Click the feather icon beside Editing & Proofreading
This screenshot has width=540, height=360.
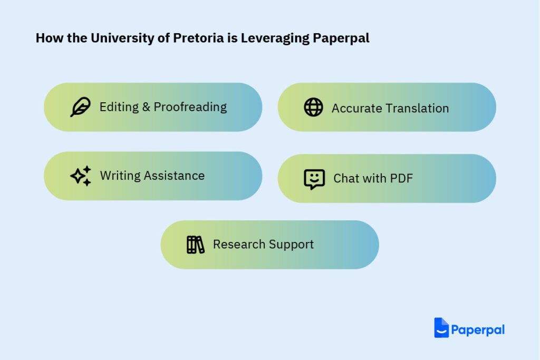pyautogui.click(x=80, y=107)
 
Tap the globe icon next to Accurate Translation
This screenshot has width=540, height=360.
pyautogui.click(x=313, y=107)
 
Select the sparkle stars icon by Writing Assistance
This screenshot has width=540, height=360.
pyautogui.click(x=81, y=176)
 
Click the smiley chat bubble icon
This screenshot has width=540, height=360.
pyautogui.click(x=314, y=179)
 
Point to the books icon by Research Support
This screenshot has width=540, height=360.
pyautogui.click(x=195, y=245)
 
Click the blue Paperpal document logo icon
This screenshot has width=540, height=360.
pyautogui.click(x=441, y=328)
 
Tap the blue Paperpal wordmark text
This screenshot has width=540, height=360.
pyautogui.click(x=478, y=330)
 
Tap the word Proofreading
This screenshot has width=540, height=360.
pyautogui.click(x=190, y=108)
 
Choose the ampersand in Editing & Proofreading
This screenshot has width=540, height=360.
pyautogui.click(x=146, y=107)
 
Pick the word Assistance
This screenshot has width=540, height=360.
pyautogui.click(x=174, y=176)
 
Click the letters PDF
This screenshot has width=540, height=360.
pyautogui.click(x=401, y=178)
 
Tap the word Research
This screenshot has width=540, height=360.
pyautogui.click(x=239, y=245)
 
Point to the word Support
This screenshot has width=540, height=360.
pyautogui.click(x=291, y=245)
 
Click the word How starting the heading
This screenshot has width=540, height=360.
pyautogui.click(x=50, y=38)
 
